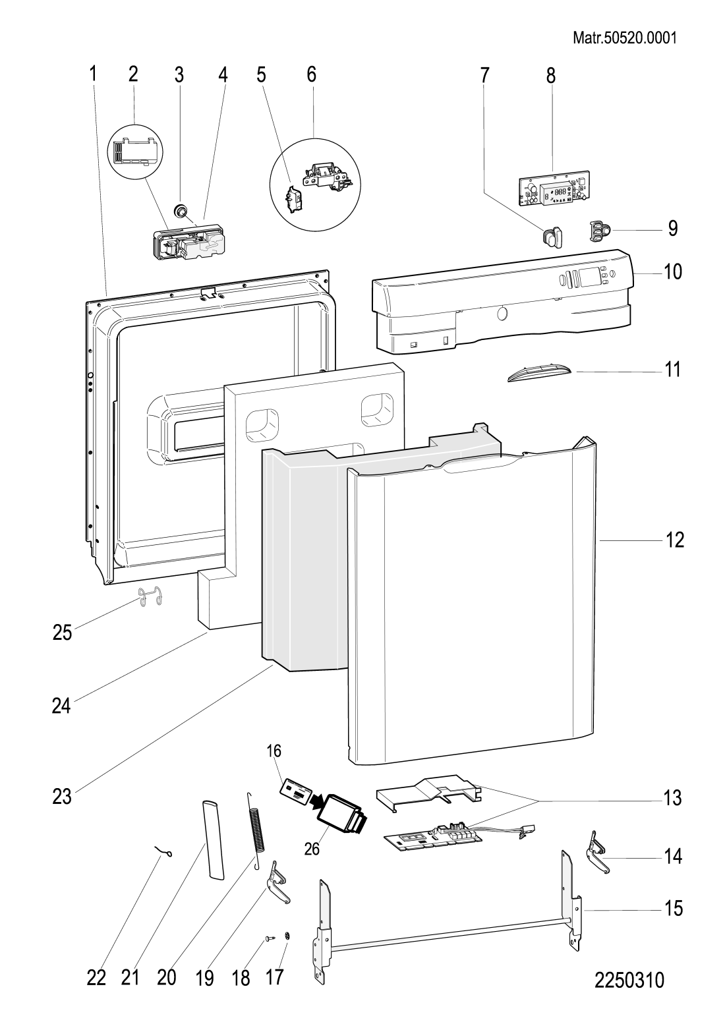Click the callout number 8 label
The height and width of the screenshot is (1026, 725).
tap(550, 75)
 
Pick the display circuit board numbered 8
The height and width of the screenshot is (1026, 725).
tap(553, 187)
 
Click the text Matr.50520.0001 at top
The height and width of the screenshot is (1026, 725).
tap(625, 38)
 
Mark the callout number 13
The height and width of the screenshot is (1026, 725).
tap(672, 797)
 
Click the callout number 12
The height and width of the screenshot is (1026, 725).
tap(674, 540)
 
